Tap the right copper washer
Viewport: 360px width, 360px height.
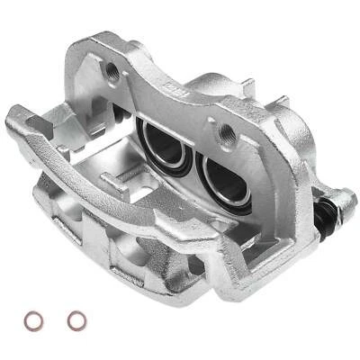click(x=77, y=319)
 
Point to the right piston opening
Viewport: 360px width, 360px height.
click(x=224, y=180)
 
